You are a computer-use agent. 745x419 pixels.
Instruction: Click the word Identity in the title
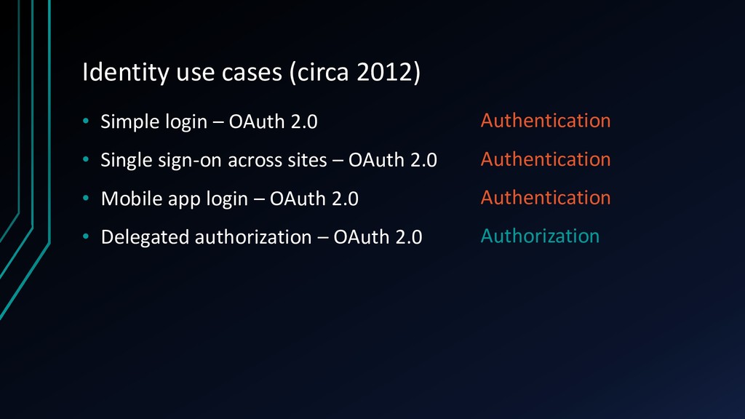coord(126,73)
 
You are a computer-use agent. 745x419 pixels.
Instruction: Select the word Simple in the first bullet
coord(130,122)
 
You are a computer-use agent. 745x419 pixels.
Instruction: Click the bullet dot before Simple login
coord(86,121)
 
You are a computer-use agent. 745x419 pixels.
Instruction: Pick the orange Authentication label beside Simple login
coord(546,120)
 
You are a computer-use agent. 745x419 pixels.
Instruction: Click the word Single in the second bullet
coord(127,161)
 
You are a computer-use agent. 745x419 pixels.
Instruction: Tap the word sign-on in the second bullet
coord(190,161)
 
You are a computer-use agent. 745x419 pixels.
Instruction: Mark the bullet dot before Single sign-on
coord(86,159)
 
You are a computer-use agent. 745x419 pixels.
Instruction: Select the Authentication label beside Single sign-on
coord(546,159)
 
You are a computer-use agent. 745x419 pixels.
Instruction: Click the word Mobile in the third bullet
coord(132,199)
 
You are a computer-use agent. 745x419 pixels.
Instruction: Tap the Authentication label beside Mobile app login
coord(546,197)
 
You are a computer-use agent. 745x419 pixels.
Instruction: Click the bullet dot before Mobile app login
coord(86,198)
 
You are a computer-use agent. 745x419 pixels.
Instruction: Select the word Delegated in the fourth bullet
coord(145,238)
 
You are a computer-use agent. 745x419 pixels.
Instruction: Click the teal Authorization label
coord(540,236)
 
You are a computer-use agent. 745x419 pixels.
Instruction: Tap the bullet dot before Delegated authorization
coord(86,236)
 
